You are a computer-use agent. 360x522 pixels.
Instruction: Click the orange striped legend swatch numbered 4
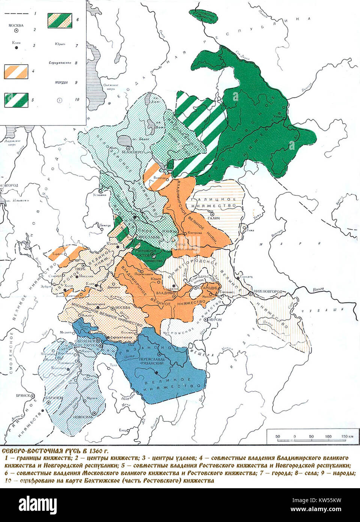[x=16, y=71]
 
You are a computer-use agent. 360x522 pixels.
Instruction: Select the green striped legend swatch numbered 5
[x=16, y=100]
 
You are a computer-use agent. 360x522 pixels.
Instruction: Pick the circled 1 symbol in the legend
[x=60, y=100]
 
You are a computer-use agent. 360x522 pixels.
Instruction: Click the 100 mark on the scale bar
[x=328, y=436]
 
